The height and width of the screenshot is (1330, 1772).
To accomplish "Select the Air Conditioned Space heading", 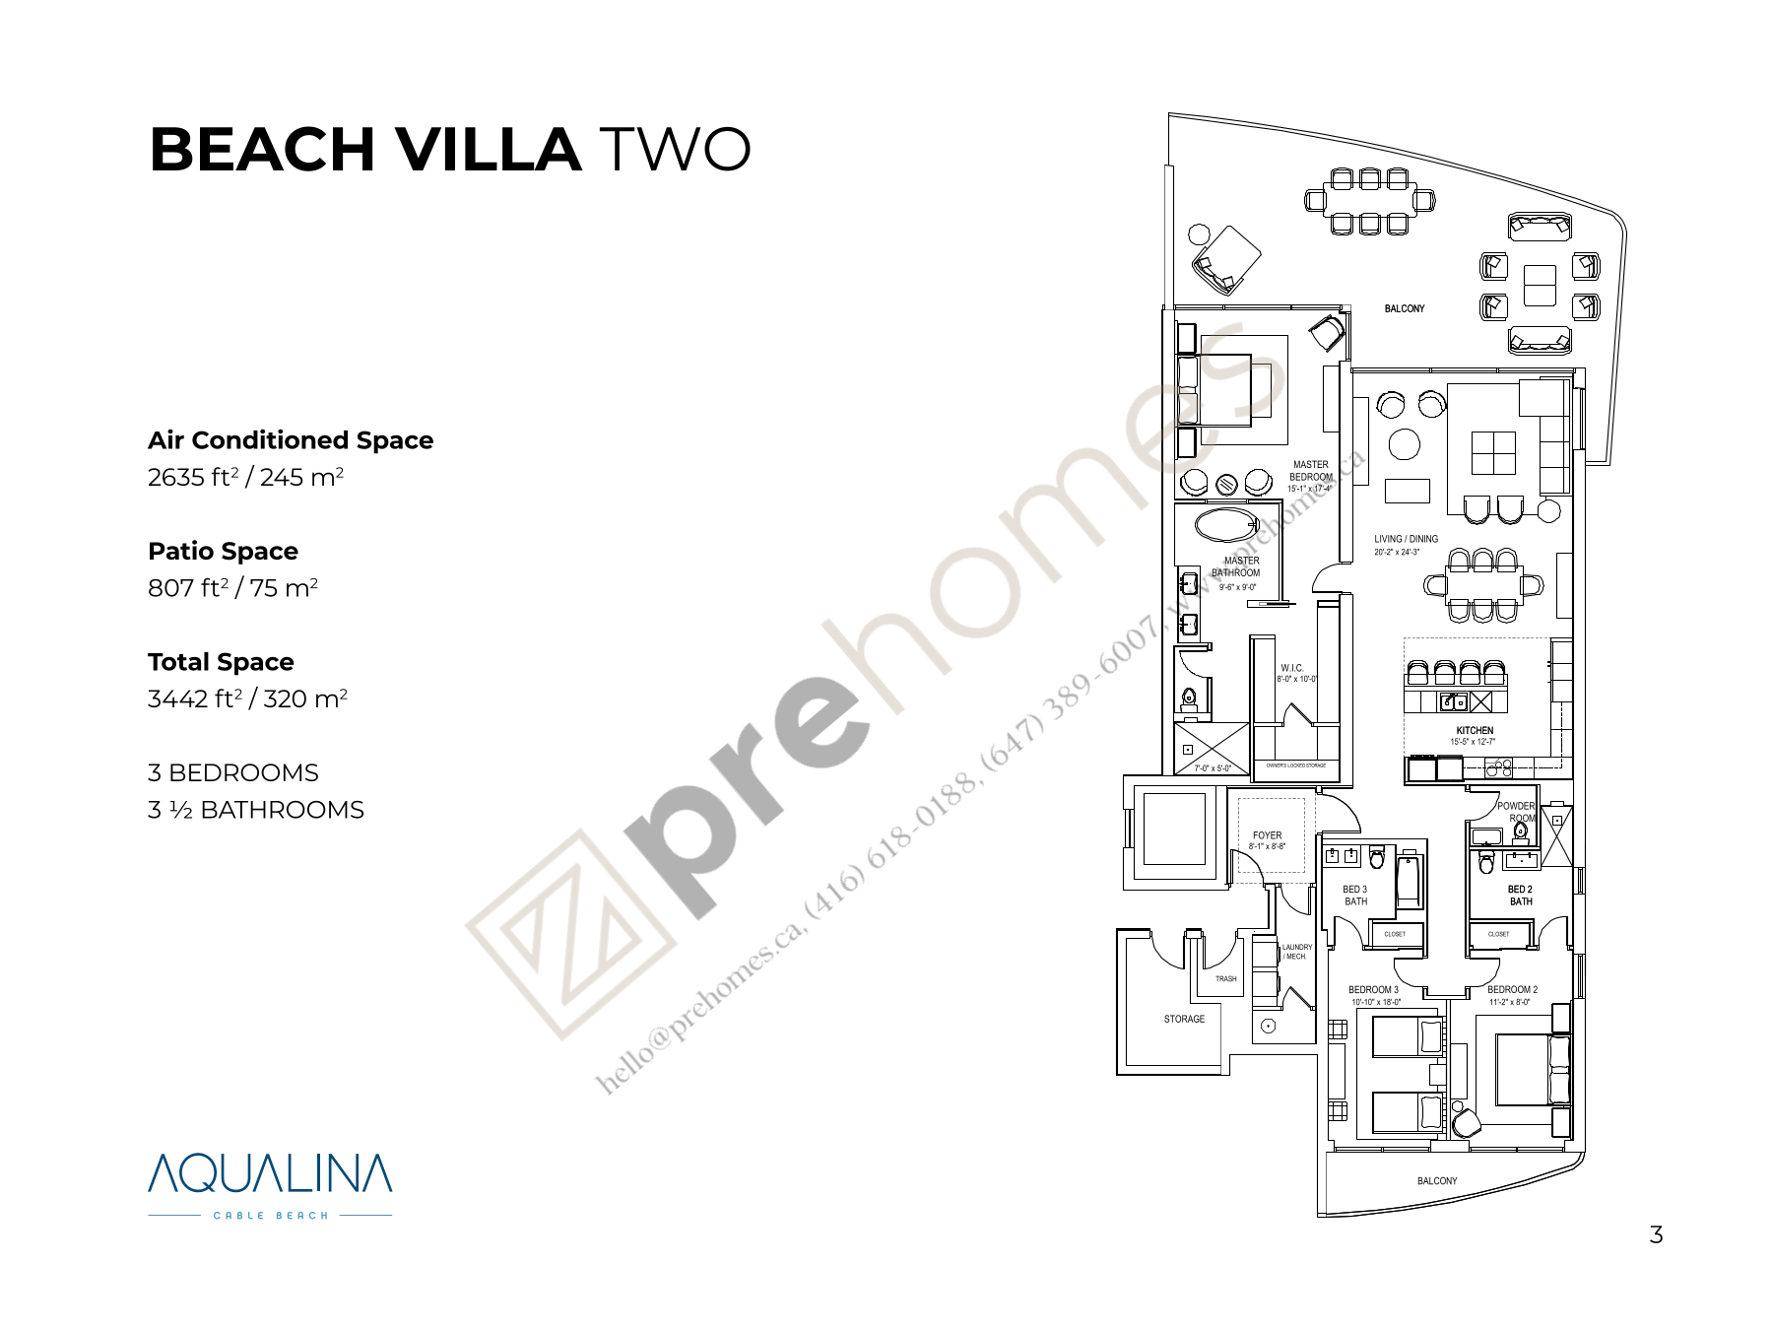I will pos(291,440).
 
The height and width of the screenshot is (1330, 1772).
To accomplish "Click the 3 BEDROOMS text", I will pos(233,772).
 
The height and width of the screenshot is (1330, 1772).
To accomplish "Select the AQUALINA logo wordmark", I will pos(270,1173).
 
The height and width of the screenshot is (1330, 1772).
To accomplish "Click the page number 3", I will pos(1656,1235).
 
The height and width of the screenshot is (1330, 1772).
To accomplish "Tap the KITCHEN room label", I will pos(1475,730).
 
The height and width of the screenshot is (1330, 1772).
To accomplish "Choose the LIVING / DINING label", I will pos(1406,539).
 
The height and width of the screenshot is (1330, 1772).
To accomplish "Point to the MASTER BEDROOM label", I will pos(1310,471).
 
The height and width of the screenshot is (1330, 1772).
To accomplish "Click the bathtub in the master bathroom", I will pos(1226,524).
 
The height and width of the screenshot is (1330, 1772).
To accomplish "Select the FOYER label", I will pos(1267,835).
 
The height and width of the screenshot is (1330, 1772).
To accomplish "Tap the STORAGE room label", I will pos(1184,1019).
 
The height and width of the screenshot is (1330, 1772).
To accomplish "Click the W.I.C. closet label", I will pos(1291,668).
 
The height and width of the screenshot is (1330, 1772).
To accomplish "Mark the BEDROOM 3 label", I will pos(1373,989).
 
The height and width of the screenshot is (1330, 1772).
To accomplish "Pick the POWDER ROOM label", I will pos(1516,812).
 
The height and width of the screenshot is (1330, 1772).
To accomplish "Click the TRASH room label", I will pos(1225,978).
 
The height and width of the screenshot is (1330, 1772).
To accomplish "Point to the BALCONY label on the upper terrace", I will pos(1404,308).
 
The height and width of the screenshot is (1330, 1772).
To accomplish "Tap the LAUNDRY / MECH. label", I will pos(1296,952).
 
